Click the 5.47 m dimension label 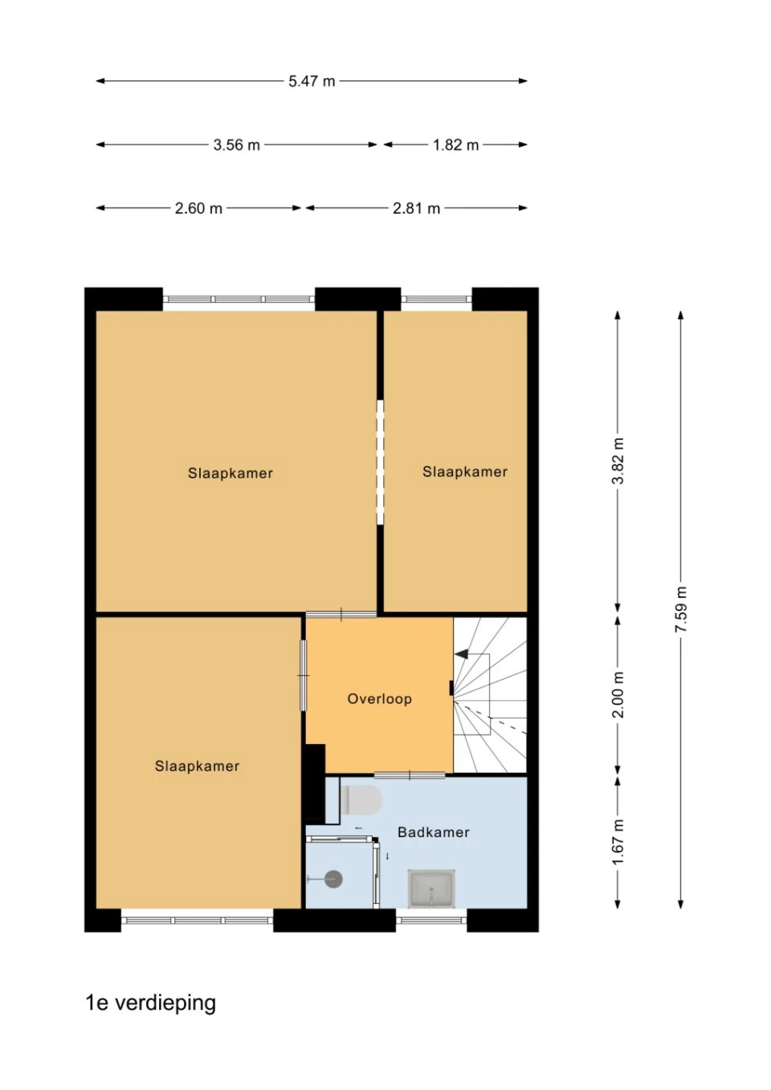click(x=312, y=81)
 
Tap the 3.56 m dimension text click(x=237, y=144)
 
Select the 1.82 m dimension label click(x=455, y=144)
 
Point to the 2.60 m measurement click(x=198, y=208)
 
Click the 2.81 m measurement click(x=416, y=208)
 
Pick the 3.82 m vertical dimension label click(x=618, y=461)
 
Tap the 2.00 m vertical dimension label click(x=618, y=695)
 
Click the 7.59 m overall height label click(x=680, y=609)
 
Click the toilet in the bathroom click(x=361, y=799)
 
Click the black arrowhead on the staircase click(x=462, y=654)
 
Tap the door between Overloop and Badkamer click(x=410, y=775)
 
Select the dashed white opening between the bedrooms click(x=380, y=462)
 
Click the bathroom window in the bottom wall click(x=431, y=920)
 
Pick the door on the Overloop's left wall click(x=304, y=675)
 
